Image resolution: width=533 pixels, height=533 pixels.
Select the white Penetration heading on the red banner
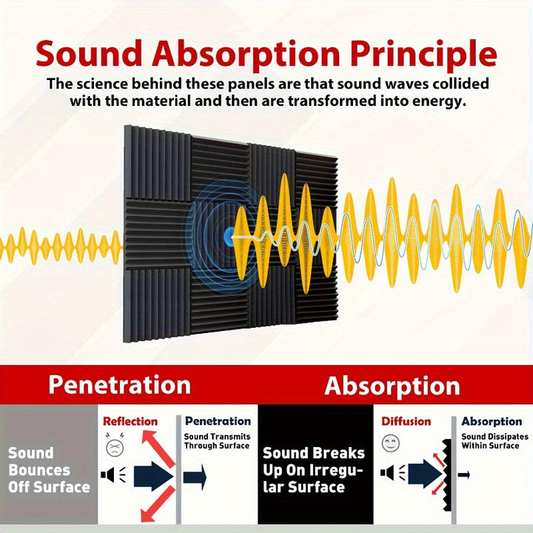click(119, 385)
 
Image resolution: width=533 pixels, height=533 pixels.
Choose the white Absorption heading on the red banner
click(392, 386)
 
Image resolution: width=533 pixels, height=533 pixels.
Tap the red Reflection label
click(130, 421)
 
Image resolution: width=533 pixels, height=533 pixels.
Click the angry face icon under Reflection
click(114, 446)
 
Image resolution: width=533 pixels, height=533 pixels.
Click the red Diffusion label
click(406, 421)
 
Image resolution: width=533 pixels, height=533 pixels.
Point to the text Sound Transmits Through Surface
click(217, 441)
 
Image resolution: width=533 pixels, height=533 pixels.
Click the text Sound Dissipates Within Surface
click(495, 441)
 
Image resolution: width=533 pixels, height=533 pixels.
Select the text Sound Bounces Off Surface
click(49, 470)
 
